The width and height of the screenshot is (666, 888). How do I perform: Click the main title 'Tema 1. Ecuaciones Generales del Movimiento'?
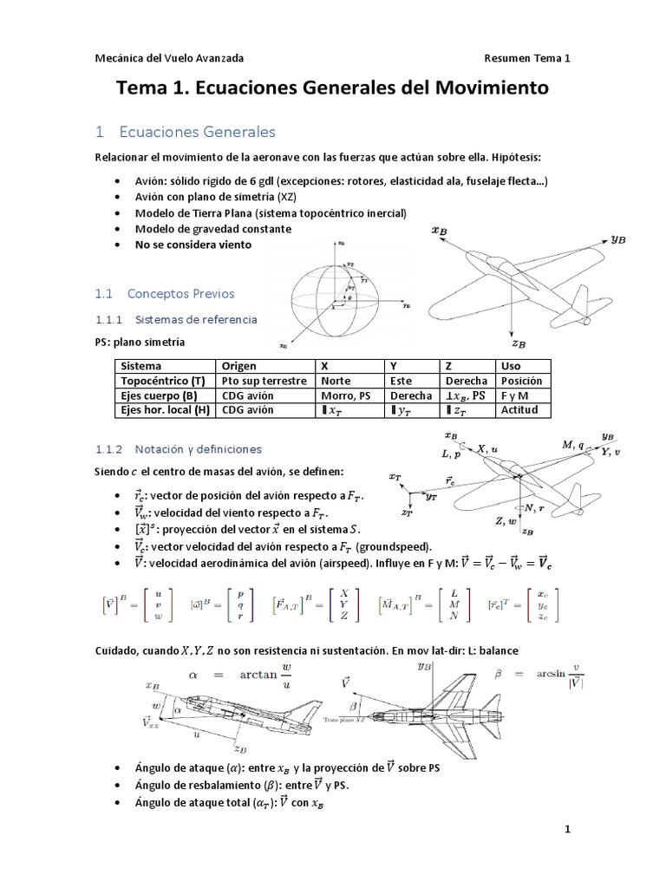(333, 88)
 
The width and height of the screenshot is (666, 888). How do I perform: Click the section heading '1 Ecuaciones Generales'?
(186, 132)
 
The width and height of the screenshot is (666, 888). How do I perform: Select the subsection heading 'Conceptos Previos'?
(180, 293)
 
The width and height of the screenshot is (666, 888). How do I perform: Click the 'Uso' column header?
(511, 366)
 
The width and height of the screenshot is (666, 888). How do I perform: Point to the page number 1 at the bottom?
(568, 830)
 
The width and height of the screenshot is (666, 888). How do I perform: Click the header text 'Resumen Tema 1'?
(528, 58)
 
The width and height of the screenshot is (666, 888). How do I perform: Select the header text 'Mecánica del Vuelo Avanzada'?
(169, 58)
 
